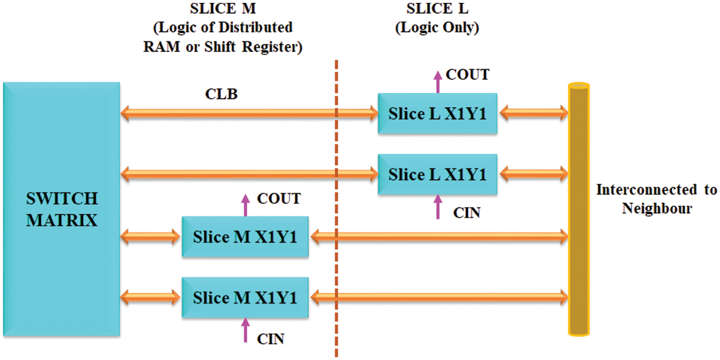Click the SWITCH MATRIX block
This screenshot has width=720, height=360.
pos(61,209)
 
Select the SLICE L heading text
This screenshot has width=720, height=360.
pos(437,9)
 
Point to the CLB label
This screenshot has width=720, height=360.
pos(221,94)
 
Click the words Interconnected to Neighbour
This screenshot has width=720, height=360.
pos(657,198)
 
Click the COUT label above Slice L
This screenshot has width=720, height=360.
pos(468,75)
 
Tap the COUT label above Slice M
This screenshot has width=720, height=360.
pos(279,199)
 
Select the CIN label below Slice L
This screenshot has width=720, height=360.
pos(467,213)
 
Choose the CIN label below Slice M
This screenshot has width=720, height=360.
pos(271,339)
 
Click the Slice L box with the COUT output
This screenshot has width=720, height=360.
pos(437,113)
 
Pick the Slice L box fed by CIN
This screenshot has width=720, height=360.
pos(437,174)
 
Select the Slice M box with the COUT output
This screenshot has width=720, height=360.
pos(245,236)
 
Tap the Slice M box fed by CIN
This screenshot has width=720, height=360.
pos(245,297)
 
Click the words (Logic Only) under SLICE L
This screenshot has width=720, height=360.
pos(437,27)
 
